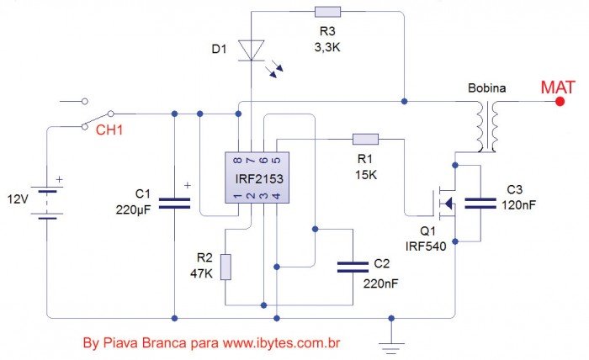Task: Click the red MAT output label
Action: click(x=557, y=87)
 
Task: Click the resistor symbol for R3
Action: click(x=326, y=12)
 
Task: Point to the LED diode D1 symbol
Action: click(x=252, y=50)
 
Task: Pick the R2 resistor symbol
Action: click(x=225, y=267)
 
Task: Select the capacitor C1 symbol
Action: click(x=174, y=203)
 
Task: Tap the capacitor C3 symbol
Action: click(x=481, y=201)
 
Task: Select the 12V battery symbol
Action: click(x=50, y=202)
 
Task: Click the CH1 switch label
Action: click(x=108, y=130)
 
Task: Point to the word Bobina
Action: click(x=486, y=87)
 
